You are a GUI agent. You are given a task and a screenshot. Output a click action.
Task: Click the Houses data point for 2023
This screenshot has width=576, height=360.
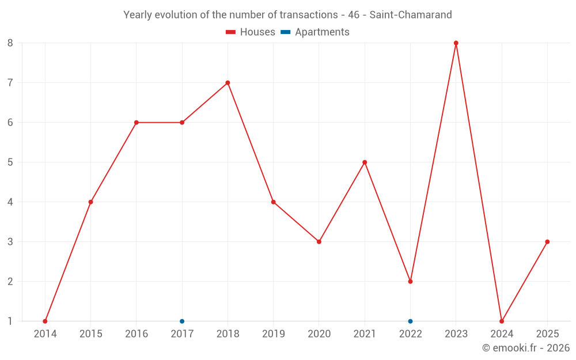(456, 43)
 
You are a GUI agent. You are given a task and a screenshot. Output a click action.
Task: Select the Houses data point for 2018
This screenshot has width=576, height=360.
(228, 83)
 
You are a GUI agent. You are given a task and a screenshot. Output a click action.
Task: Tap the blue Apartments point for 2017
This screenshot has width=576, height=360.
(182, 321)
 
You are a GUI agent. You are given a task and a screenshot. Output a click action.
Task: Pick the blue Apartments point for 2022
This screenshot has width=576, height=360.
(410, 321)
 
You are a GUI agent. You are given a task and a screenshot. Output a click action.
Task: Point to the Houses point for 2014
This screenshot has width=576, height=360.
(45, 321)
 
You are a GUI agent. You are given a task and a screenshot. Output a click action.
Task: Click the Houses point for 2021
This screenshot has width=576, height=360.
(365, 162)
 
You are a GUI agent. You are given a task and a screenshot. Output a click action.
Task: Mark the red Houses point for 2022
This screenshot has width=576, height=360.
(410, 282)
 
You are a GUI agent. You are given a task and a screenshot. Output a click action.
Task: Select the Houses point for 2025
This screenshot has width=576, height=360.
(547, 242)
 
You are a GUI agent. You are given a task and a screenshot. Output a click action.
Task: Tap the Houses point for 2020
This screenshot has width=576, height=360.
(319, 242)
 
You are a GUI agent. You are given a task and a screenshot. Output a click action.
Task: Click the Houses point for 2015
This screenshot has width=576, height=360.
(90, 202)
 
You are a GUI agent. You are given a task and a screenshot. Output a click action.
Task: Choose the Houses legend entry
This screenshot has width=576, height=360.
(251, 32)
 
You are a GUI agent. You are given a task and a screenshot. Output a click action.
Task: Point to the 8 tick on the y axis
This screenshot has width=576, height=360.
(10, 43)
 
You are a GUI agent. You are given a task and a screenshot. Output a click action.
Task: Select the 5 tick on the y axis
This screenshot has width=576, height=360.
(10, 162)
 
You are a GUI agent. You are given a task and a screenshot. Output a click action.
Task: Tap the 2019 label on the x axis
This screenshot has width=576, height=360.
(273, 334)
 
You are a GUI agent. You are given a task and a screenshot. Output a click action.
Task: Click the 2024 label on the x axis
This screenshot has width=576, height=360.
(501, 334)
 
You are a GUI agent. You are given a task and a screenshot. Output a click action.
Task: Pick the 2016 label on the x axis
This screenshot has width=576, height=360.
(137, 334)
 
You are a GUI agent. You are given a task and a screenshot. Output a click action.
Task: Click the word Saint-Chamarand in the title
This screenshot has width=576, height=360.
(411, 15)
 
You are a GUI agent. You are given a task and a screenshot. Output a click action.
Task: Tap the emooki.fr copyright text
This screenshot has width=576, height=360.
(526, 348)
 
